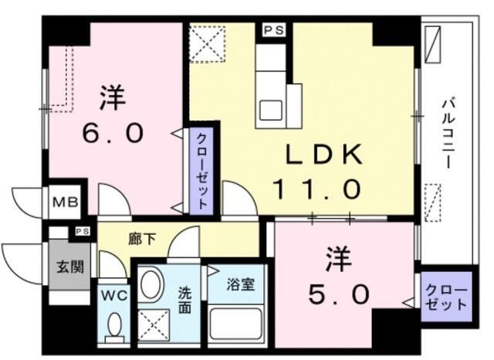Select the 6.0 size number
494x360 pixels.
[x=113, y=133]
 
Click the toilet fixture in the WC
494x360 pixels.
[x=114, y=326]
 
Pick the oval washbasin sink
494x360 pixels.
[x=151, y=284]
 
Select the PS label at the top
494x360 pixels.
[x=273, y=30]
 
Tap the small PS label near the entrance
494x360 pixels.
[x=82, y=231]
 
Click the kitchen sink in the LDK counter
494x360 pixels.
[x=271, y=108]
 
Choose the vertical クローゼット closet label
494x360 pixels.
[x=201, y=171]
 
